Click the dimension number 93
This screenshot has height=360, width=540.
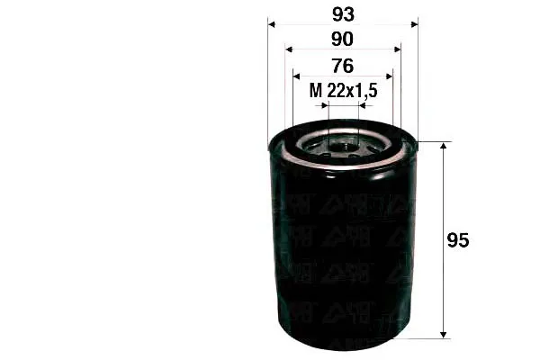(343, 14)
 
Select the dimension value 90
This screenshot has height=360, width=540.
(342, 40)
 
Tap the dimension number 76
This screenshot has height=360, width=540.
(343, 66)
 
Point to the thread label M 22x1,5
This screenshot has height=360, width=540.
(344, 91)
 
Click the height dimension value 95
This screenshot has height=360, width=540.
(458, 240)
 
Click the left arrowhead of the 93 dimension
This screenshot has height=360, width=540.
(272, 24)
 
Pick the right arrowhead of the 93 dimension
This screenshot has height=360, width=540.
(414, 24)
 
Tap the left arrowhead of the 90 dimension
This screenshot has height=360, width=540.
(289, 49)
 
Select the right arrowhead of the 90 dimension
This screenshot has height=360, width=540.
(398, 49)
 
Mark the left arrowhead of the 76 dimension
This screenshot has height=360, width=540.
(296, 76)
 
